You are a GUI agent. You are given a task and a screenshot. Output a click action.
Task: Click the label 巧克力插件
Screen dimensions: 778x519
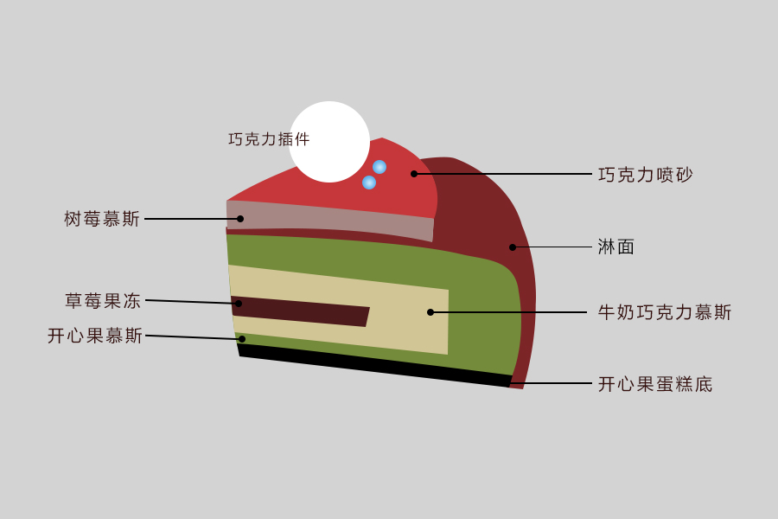[269, 139]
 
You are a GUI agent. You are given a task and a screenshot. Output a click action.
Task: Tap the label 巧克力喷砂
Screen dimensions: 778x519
[646, 175]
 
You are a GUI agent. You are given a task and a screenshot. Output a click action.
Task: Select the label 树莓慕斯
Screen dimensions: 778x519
[102, 219]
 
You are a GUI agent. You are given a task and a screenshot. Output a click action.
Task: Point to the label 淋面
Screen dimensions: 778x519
[615, 247]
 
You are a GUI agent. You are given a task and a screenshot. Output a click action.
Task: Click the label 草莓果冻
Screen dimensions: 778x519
[103, 300]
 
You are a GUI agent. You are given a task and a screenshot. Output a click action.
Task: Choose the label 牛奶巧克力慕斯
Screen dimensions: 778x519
[665, 312]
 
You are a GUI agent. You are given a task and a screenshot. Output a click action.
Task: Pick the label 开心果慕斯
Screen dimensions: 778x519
[95, 336]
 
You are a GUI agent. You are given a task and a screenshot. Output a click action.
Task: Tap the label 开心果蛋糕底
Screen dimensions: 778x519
[655, 384]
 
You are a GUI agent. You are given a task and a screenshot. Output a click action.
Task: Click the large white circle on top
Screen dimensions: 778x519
[329, 142]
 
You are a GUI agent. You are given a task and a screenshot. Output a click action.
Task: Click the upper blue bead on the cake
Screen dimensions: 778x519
[379, 167]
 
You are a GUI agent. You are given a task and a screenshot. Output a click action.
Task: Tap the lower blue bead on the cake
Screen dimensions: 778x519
[368, 183]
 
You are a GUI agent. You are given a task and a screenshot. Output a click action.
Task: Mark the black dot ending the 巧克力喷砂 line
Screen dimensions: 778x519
[414, 174]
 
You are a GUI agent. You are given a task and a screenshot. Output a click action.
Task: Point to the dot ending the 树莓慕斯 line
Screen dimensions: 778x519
[240, 219]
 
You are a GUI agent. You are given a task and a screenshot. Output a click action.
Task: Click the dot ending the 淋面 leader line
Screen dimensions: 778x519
[513, 247]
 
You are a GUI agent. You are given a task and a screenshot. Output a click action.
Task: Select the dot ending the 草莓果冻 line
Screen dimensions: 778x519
[239, 303]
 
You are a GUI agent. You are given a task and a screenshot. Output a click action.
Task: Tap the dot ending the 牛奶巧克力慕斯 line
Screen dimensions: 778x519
[430, 312]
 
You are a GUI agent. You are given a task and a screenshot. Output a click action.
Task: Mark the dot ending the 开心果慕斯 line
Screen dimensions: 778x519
[242, 339]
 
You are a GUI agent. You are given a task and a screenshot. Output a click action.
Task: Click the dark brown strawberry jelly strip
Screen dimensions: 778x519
[300, 311]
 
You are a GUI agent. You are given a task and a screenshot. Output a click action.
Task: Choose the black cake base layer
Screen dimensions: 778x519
[374, 366]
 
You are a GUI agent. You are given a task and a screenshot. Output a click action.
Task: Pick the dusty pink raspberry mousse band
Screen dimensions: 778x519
[330, 219]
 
